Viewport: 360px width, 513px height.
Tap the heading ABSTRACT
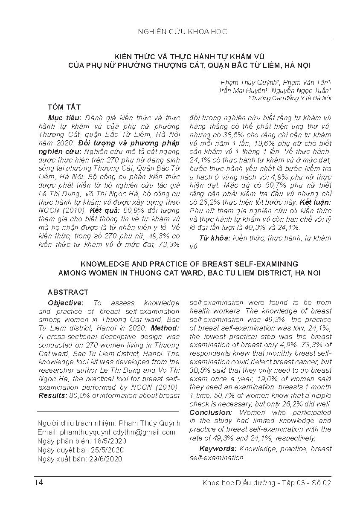pos(68,292)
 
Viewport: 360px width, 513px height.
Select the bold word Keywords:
pos(218,449)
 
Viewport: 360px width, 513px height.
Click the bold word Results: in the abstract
pos(52,395)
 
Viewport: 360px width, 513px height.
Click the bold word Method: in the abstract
pos(165,328)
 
